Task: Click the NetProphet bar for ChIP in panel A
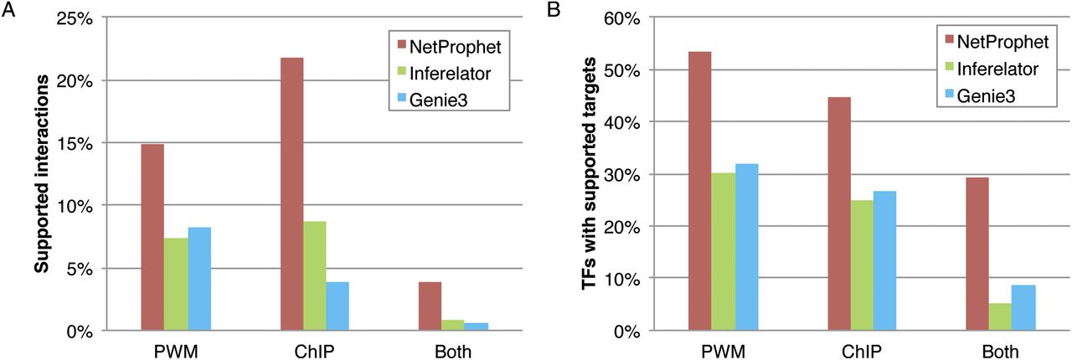tap(291, 193)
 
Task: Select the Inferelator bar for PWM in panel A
tap(177, 284)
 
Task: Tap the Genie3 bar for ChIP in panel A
tap(338, 306)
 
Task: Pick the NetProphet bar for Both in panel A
tap(430, 306)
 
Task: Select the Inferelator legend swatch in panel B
tap(947, 68)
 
